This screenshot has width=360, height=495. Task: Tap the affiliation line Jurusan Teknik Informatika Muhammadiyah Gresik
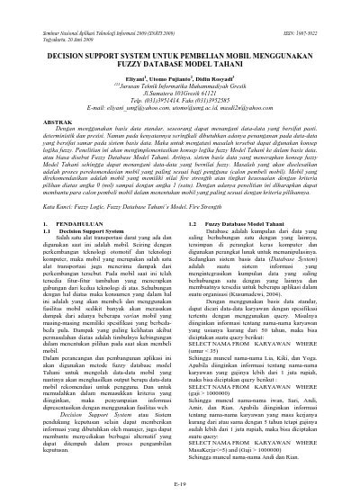tap(180, 75)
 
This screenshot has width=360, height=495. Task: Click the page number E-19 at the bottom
tap(180, 484)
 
